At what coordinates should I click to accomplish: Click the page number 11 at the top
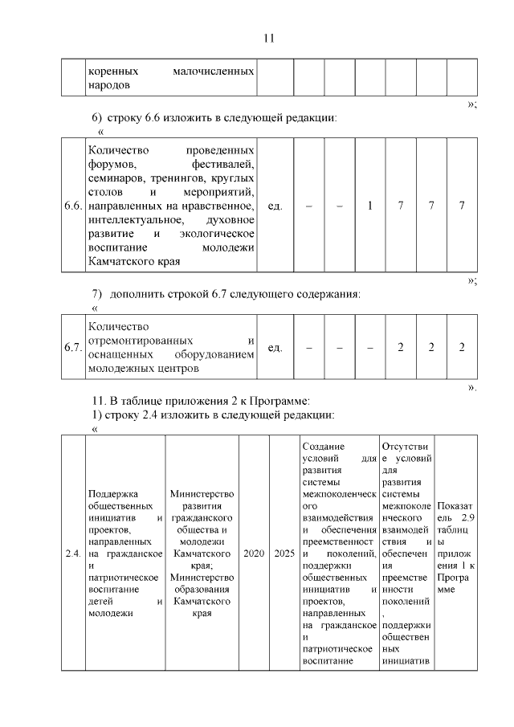[x=269, y=38]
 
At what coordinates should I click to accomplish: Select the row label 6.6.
[x=73, y=206]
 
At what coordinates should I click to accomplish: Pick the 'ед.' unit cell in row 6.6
[x=274, y=206]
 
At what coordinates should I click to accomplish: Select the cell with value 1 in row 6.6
[x=369, y=206]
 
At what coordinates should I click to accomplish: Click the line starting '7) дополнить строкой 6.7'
[x=226, y=294]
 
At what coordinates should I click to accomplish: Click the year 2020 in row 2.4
[x=254, y=554]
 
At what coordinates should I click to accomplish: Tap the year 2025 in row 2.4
[x=284, y=554]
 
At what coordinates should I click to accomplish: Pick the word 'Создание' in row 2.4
[x=324, y=446]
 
